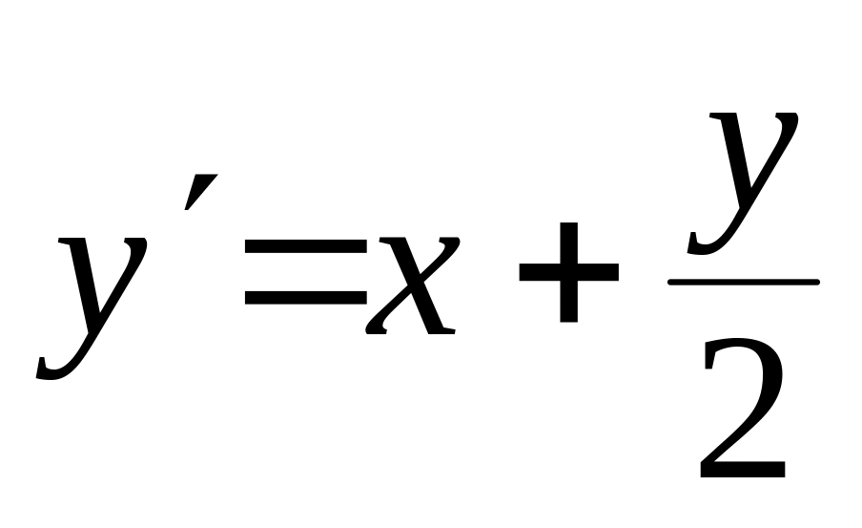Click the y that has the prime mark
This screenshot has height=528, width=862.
pyautogui.click(x=95, y=296)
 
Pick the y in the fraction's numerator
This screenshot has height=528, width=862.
pyautogui.click(x=744, y=181)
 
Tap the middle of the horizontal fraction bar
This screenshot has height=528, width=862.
pyautogui.click(x=744, y=282)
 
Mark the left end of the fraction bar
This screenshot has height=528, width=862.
pyautogui.click(x=671, y=282)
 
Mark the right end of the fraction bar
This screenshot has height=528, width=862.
pyautogui.click(x=816, y=282)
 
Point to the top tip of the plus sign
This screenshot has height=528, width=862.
pyautogui.click(x=568, y=223)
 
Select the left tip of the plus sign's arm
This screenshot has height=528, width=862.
pyautogui.click(x=522, y=271)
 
